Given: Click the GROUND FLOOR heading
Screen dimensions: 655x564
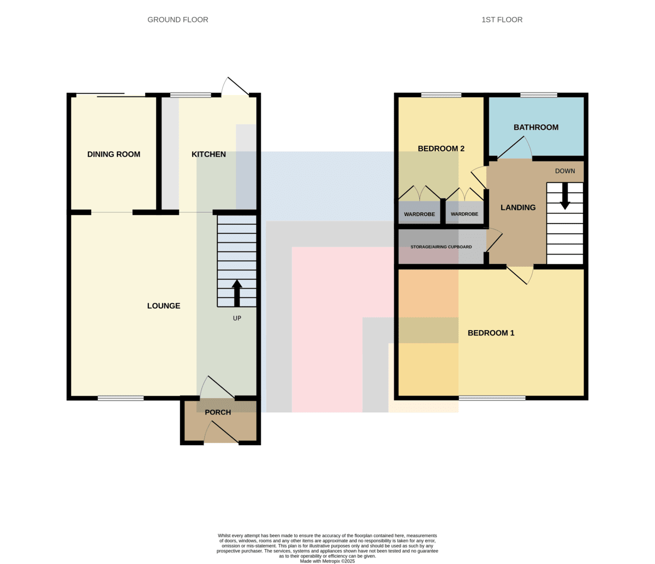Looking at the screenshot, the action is pyautogui.click(x=178, y=20).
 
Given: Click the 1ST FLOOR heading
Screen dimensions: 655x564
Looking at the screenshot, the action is pyautogui.click(x=502, y=20).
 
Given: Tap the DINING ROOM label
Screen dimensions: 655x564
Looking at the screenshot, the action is pyautogui.click(x=114, y=154).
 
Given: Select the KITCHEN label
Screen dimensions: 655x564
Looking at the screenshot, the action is pyautogui.click(x=209, y=154).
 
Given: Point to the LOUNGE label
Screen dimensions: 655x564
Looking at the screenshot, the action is pyautogui.click(x=164, y=305).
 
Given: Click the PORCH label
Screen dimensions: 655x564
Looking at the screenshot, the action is pyautogui.click(x=218, y=412).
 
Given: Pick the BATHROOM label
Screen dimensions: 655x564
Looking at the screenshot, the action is pyautogui.click(x=536, y=127).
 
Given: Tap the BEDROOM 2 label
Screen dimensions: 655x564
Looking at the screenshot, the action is pyautogui.click(x=441, y=148).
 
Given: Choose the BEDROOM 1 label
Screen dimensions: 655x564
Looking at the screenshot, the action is pyautogui.click(x=491, y=333).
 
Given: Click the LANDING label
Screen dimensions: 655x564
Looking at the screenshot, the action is pyautogui.click(x=518, y=207).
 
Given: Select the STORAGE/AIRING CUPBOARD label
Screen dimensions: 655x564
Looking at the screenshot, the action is pyautogui.click(x=441, y=247).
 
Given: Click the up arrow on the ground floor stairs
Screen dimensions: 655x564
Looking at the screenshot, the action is pyautogui.click(x=237, y=293).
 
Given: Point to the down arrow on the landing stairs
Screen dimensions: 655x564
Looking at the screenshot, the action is pyautogui.click(x=565, y=196).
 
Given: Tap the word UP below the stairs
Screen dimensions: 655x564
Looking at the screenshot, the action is pyautogui.click(x=237, y=318).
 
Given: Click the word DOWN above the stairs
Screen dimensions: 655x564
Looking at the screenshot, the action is pyautogui.click(x=565, y=171).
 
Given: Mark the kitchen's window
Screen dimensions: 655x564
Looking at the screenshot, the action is pyautogui.click(x=190, y=95).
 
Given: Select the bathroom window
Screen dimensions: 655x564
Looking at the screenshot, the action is pyautogui.click(x=539, y=95).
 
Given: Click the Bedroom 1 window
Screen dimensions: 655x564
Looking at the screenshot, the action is pyautogui.click(x=492, y=398).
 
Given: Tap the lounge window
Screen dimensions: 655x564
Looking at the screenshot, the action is pyautogui.click(x=121, y=398).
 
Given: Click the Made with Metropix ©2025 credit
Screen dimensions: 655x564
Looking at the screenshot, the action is pyautogui.click(x=327, y=561).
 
